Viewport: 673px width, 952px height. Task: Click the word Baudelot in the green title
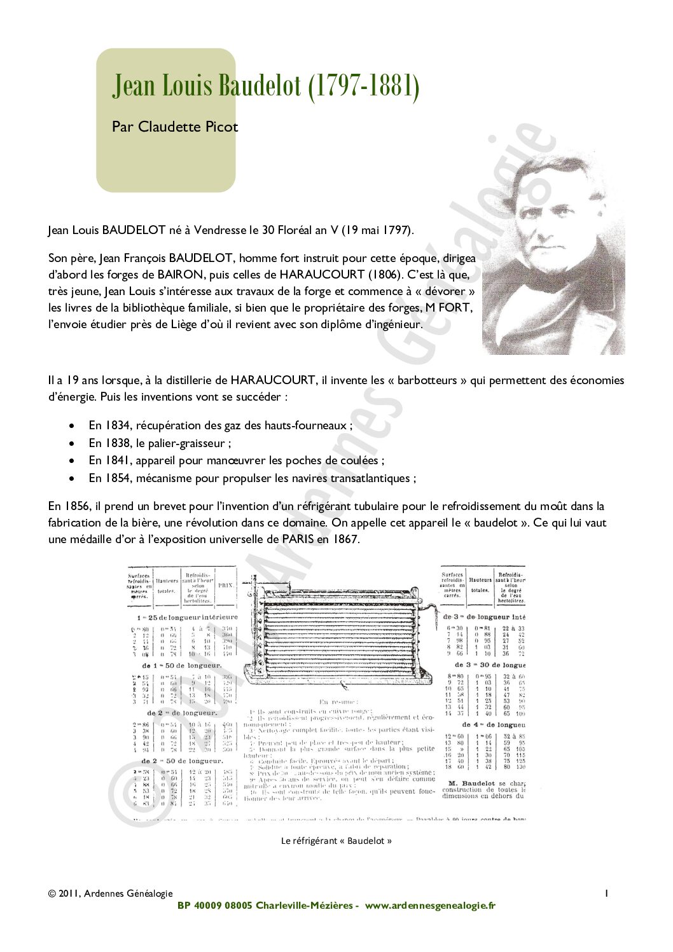pyautogui.click(x=260, y=85)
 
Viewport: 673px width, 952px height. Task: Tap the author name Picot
pyautogui.click(x=221, y=127)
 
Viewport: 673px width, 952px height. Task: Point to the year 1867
pyautogui.click(x=344, y=539)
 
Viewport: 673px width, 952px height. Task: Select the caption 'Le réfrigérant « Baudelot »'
pyautogui.click(x=336, y=841)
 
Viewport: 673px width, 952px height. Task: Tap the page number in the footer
pyautogui.click(x=606, y=893)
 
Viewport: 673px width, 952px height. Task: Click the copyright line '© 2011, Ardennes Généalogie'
pyautogui.click(x=110, y=893)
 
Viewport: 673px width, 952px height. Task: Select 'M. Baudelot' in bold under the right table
pyautogui.click(x=471, y=783)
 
